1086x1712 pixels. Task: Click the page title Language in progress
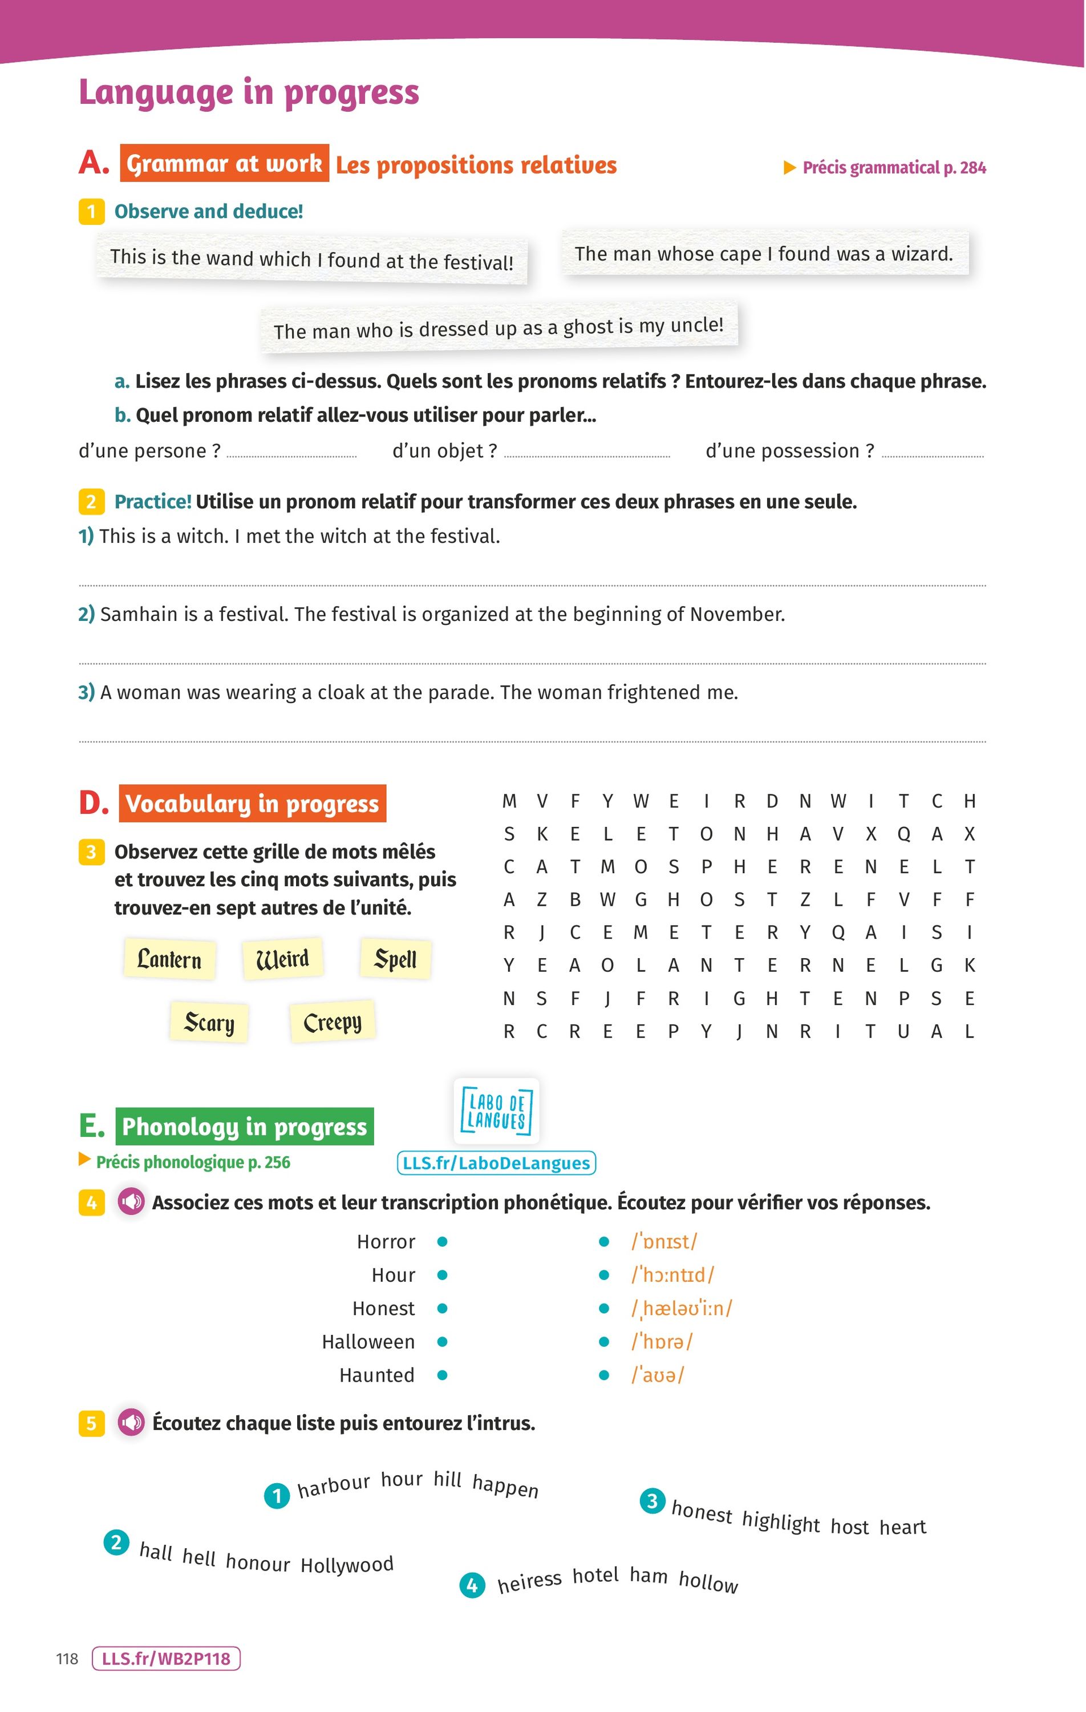(x=249, y=93)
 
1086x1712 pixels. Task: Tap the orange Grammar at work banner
(x=224, y=164)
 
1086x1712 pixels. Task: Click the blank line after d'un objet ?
(x=587, y=454)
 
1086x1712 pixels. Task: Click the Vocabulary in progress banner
(x=252, y=803)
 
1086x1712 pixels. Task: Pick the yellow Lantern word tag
(x=169, y=960)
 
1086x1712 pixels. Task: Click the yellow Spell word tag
(x=395, y=960)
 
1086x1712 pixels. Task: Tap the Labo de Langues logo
(x=496, y=1111)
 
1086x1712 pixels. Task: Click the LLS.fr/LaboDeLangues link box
(x=496, y=1163)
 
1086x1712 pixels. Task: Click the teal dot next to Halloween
(x=442, y=1342)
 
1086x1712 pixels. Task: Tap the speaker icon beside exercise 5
(x=131, y=1423)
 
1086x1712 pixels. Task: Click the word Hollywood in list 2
(x=347, y=1565)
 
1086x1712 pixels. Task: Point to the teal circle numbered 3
(x=653, y=1501)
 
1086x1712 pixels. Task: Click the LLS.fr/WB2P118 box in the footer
(x=167, y=1659)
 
